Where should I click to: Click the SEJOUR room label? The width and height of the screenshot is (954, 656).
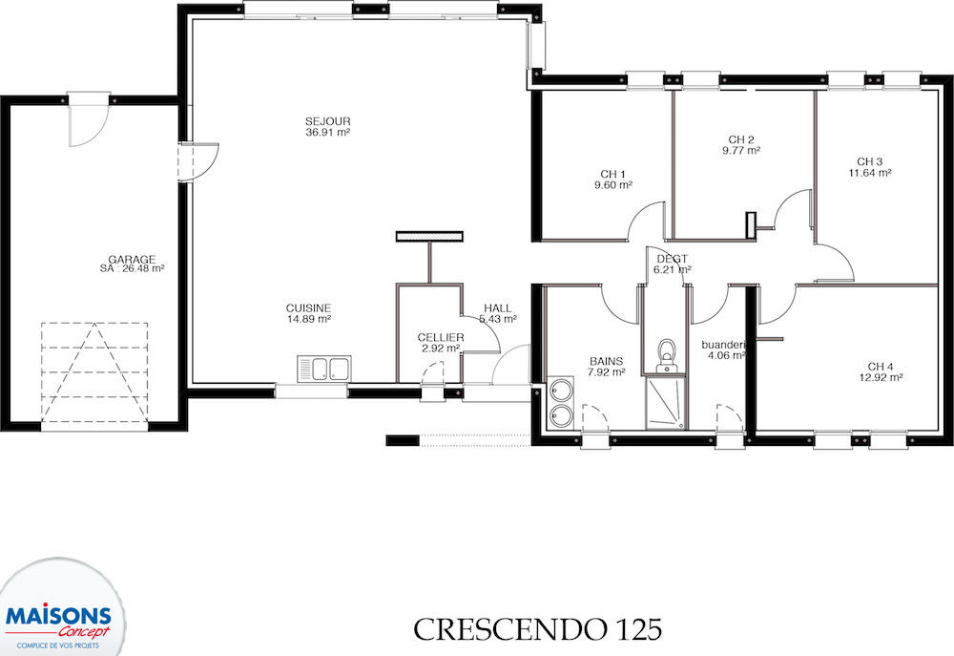point(328,121)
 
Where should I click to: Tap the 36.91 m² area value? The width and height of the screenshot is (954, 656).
point(328,132)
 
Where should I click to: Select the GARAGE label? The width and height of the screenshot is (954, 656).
point(132,259)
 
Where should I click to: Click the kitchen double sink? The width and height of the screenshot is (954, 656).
point(323,370)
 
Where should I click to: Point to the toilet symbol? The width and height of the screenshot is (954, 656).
point(668,355)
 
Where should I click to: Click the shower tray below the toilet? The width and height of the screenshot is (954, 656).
point(666,403)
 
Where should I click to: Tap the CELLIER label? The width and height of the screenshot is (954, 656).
point(441,337)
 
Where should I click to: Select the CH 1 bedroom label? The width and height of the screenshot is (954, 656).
point(612,174)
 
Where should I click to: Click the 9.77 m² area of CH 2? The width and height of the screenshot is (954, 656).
point(741,151)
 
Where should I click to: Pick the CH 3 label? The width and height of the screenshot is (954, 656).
point(869,161)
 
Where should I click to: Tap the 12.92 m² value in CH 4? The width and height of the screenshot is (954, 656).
point(881,377)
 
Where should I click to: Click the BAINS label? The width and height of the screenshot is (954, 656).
point(606,361)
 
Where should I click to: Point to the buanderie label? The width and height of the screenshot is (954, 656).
point(724,345)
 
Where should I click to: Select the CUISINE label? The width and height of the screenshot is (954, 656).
point(308,308)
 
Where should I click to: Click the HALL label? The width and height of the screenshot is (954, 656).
point(498,308)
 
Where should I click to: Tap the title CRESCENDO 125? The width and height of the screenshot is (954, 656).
point(537,629)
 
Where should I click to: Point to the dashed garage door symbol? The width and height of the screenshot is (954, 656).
point(94,372)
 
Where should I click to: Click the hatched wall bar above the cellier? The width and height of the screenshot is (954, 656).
point(429,236)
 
